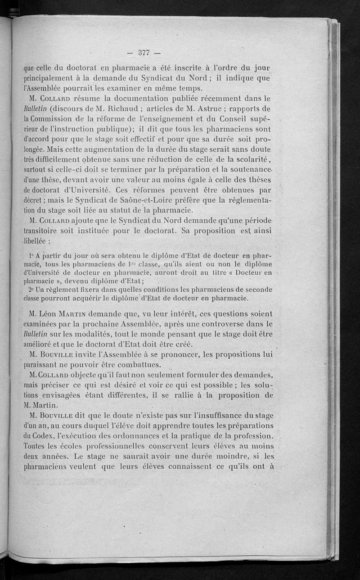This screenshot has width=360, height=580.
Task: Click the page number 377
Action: pyautogui.click(x=144, y=52)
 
